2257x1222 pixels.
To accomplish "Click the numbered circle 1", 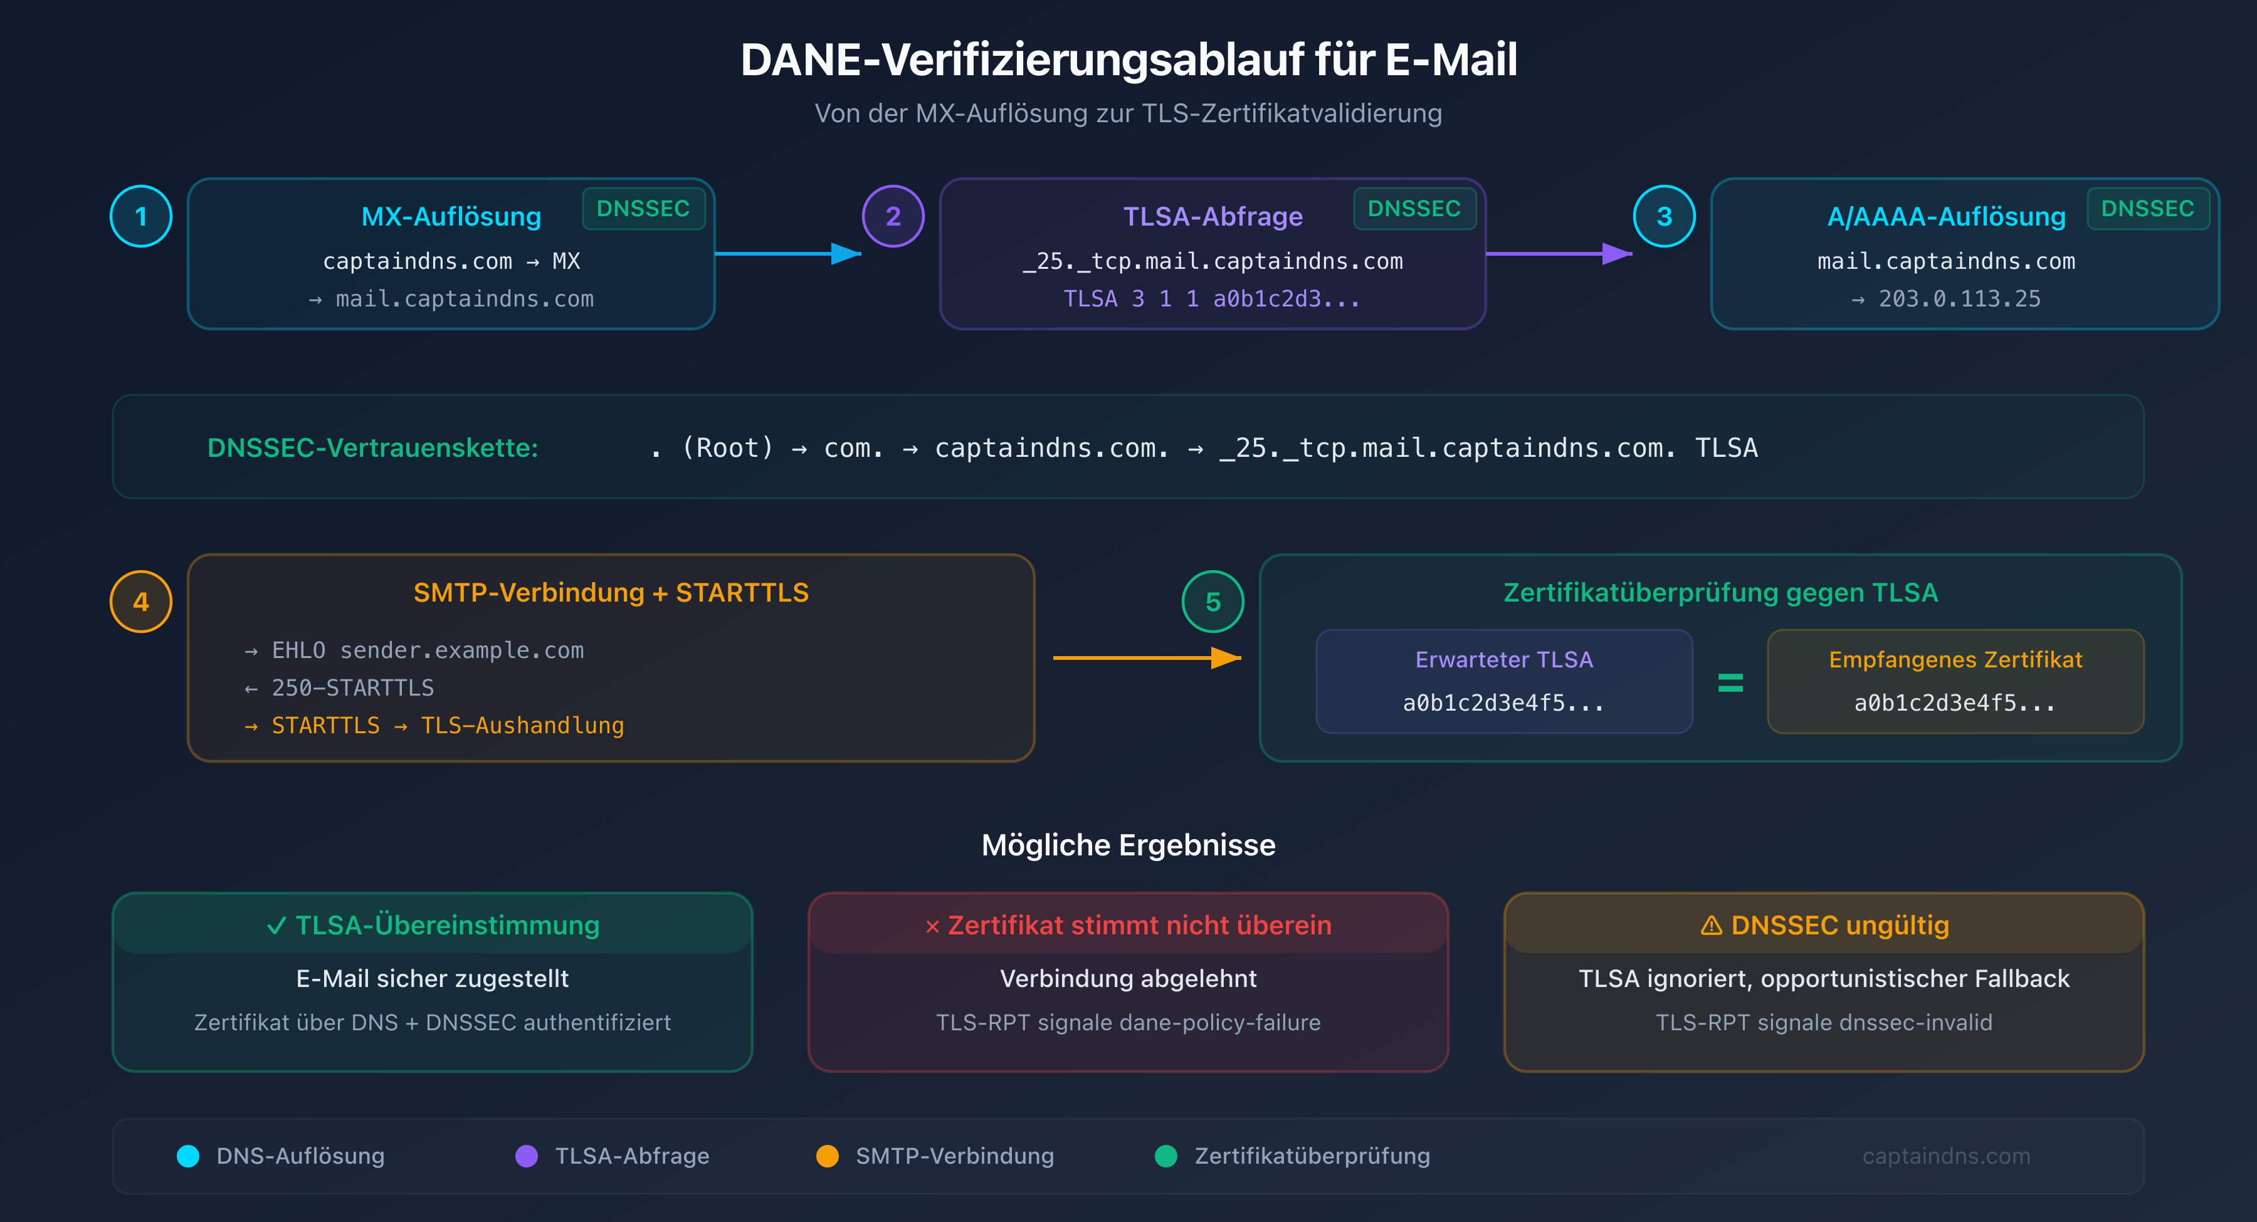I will point(140,216).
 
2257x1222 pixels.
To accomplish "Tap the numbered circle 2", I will point(893,216).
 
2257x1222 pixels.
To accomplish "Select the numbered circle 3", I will point(1664,216).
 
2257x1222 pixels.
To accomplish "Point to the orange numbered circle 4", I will point(140,602).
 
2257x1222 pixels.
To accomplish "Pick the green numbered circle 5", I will point(1213,602).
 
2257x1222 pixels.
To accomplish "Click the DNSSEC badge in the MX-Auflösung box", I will point(643,209).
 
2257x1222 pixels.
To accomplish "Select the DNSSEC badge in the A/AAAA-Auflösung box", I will point(2147,209).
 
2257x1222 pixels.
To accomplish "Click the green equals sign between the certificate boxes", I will point(1730,682).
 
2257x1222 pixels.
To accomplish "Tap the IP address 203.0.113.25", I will point(1959,299).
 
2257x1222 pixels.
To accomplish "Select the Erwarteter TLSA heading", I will point(1503,660).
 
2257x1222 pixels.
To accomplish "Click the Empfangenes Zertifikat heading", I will point(1955,660).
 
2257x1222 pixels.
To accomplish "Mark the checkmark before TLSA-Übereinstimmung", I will point(276,926).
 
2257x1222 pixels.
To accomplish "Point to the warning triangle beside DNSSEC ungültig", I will point(1711,926).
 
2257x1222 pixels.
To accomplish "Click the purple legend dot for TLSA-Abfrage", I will point(527,1156).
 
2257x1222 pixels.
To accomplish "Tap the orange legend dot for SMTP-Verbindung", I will point(827,1156).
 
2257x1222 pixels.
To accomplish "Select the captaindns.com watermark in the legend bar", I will point(1946,1156).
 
